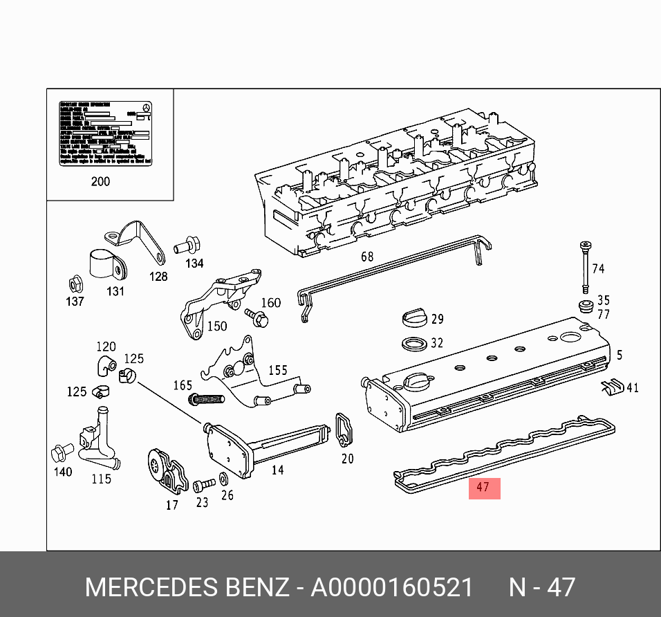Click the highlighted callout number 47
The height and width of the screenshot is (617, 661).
pyautogui.click(x=483, y=488)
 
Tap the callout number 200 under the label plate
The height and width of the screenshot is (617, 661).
pyautogui.click(x=100, y=182)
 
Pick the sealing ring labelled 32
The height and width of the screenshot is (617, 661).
pyautogui.click(x=413, y=343)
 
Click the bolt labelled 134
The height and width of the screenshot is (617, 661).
pyautogui.click(x=187, y=244)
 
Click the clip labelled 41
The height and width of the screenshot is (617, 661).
pyautogui.click(x=612, y=388)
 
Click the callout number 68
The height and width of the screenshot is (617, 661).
pyautogui.click(x=367, y=257)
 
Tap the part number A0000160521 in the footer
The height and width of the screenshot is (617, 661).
pyautogui.click(x=392, y=588)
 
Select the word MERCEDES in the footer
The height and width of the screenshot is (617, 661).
pyautogui.click(x=150, y=588)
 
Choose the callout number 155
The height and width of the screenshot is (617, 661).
pyautogui.click(x=277, y=370)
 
